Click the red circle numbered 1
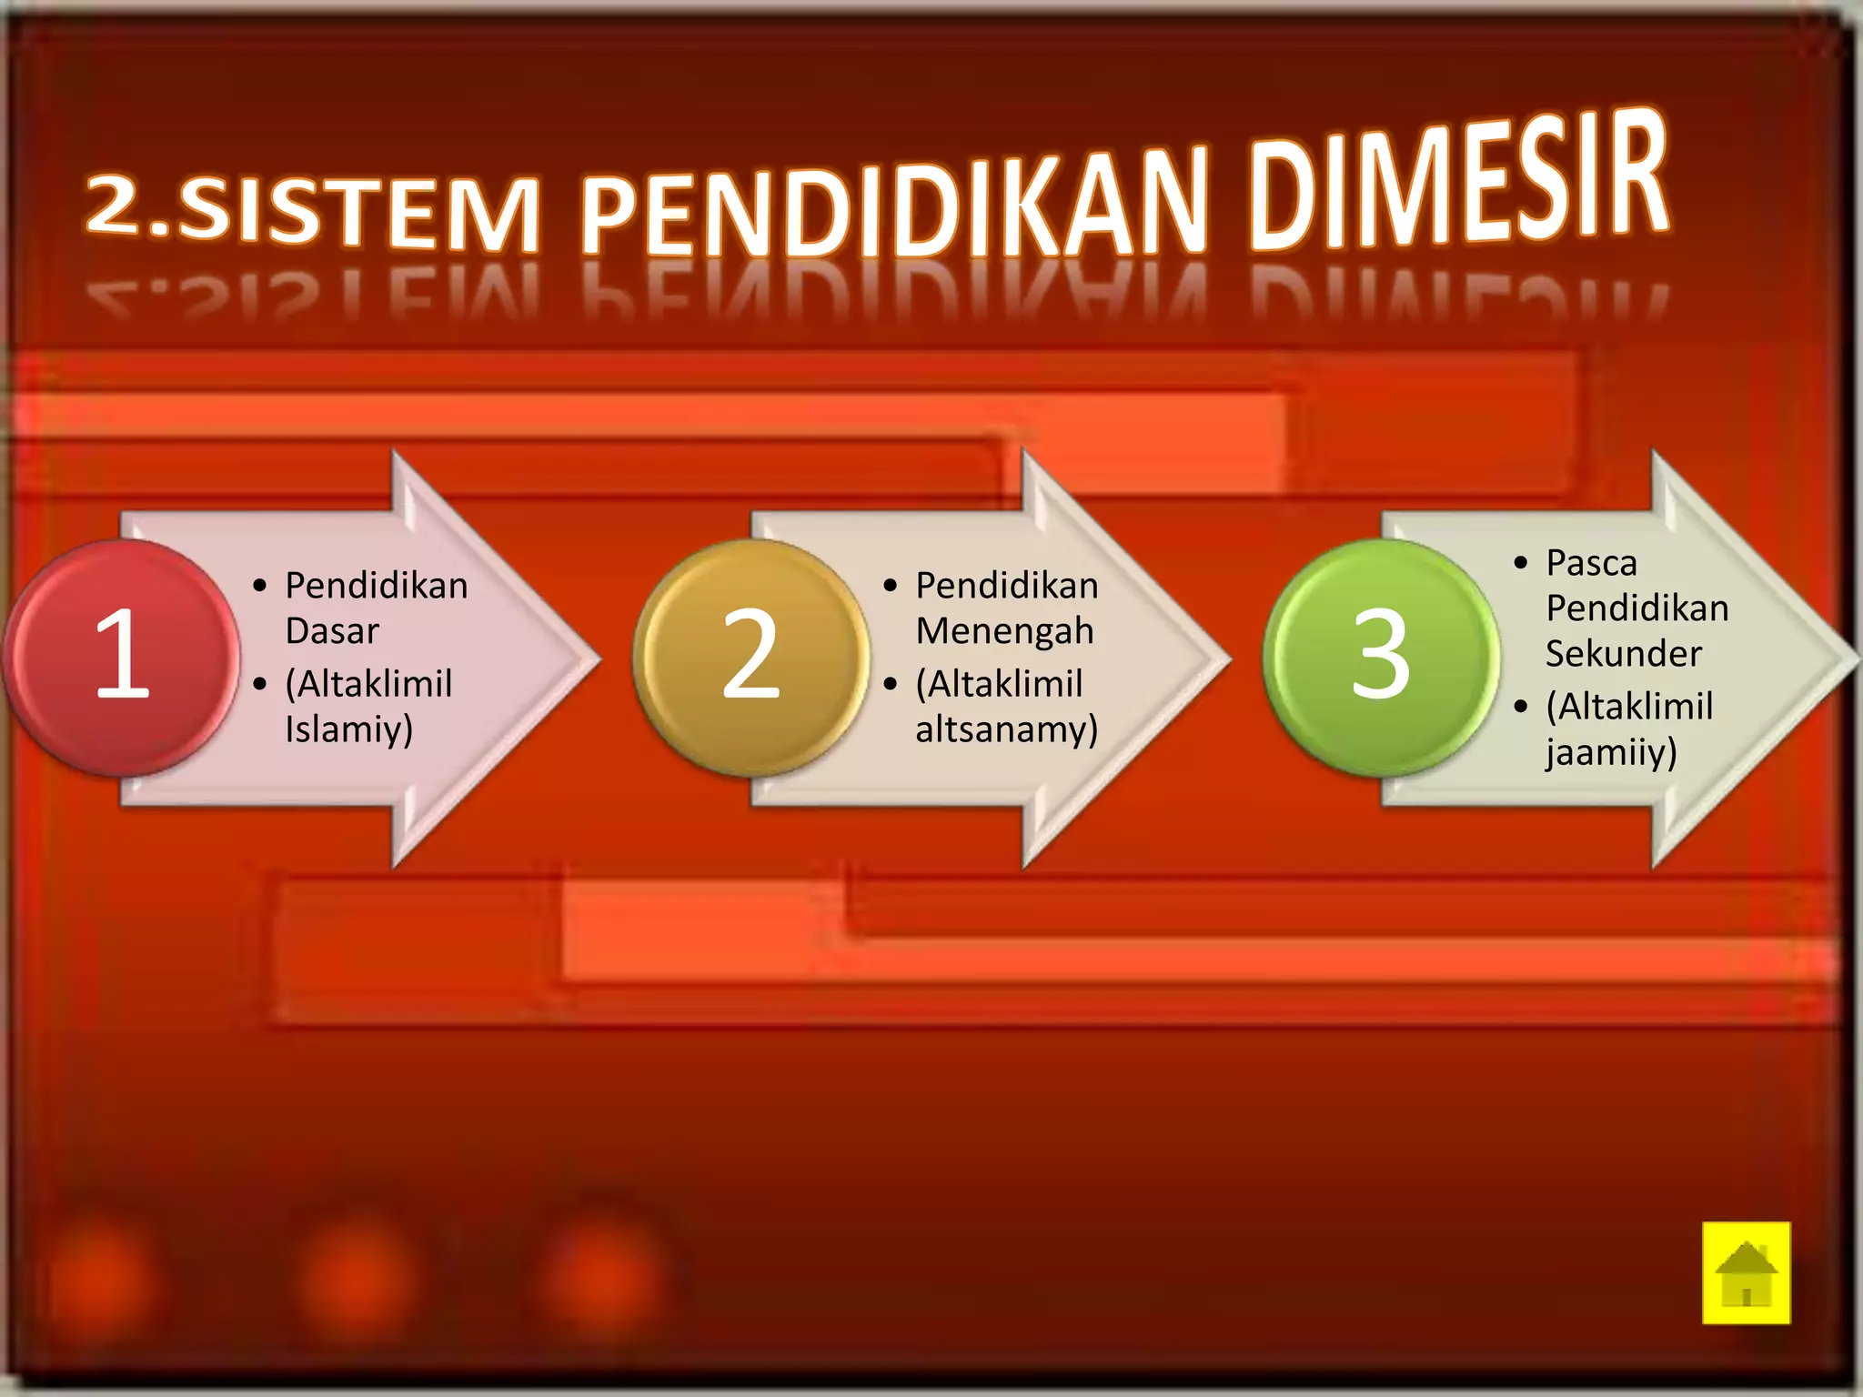[x=121, y=657]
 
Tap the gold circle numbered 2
[x=751, y=657]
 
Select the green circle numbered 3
[x=1381, y=657]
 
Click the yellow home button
[x=1746, y=1272]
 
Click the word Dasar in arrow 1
[x=332, y=630]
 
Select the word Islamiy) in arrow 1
[x=348, y=729]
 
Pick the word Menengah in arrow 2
[x=1004, y=630]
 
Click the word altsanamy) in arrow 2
[x=1006, y=729]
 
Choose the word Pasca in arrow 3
[x=1591, y=563]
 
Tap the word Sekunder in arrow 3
[x=1624, y=653]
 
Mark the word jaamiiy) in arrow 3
[x=1610, y=753]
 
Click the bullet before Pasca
[x=1521, y=563]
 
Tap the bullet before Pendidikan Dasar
[x=260, y=586]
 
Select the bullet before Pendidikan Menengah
[x=891, y=586]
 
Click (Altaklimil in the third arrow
[x=1629, y=706]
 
